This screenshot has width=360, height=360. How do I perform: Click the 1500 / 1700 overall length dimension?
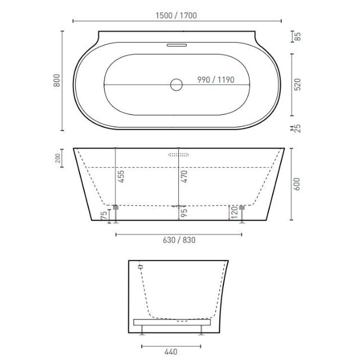point(177,16)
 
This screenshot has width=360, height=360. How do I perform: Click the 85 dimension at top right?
point(298,38)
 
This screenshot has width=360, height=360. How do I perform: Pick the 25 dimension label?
point(298,129)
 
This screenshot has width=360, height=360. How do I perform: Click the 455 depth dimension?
point(121,178)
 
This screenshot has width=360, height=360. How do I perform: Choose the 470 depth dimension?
point(184,178)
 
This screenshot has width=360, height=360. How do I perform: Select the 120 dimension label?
point(232,213)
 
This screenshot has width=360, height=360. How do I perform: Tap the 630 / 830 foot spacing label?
point(179,238)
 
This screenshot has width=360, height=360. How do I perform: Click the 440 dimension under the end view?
point(171,352)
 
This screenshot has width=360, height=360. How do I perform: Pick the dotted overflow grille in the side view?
point(178,154)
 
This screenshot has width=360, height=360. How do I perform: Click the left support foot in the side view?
point(116,214)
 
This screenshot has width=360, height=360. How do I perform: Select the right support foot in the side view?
point(242,214)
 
